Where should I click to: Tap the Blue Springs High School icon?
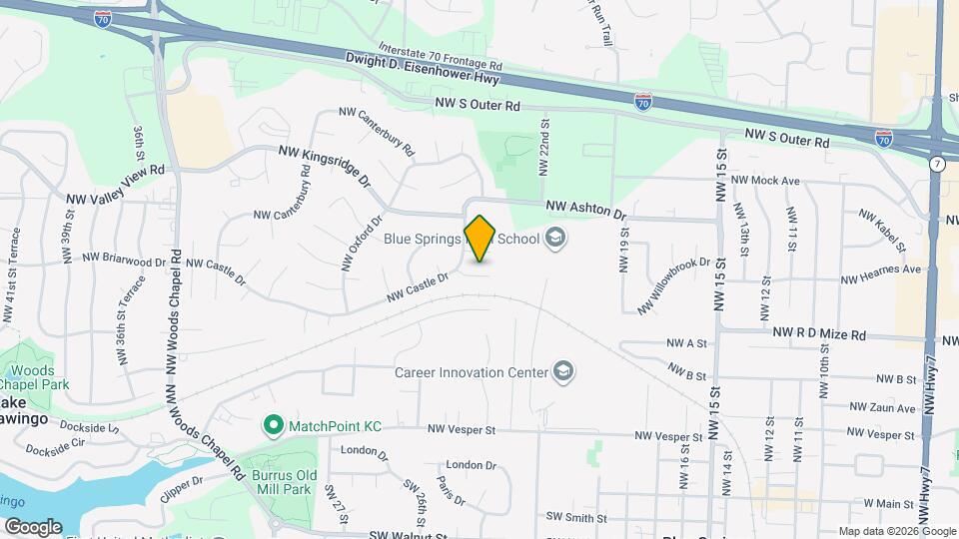click(556, 239)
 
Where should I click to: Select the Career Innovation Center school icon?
click(563, 372)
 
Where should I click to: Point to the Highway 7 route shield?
click(937, 163)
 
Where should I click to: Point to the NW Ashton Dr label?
click(585, 210)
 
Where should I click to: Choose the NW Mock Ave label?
click(766, 181)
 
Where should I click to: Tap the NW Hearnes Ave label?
click(880, 269)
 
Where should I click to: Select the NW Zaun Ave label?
click(883, 407)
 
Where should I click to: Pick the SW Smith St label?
click(576, 518)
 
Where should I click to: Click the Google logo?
click(33, 526)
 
